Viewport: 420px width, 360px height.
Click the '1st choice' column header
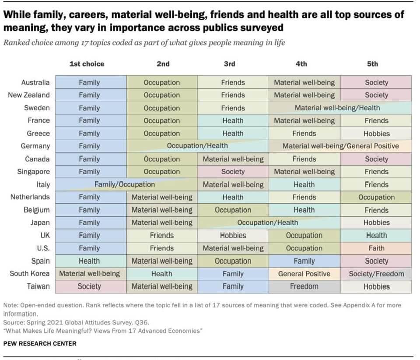coord(87,64)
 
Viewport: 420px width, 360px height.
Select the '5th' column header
coord(372,64)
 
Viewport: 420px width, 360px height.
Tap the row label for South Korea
coord(30,274)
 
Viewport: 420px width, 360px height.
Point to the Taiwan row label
coord(38,286)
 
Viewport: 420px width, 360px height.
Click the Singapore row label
coord(34,172)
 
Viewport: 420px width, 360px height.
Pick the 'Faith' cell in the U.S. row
coord(376,248)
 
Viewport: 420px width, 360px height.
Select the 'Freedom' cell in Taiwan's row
coord(304,287)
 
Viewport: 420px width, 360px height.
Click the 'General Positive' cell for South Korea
coord(304,274)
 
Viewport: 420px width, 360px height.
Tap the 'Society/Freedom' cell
coord(376,274)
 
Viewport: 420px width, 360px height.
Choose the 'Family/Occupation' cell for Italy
coord(125,184)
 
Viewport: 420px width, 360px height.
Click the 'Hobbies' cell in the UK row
coord(233,236)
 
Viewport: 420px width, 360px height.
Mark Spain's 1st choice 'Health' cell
coord(89,261)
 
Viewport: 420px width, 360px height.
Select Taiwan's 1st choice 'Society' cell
coord(89,287)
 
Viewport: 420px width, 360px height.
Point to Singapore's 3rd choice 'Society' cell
coord(233,172)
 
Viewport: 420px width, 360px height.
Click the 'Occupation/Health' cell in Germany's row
coord(197,146)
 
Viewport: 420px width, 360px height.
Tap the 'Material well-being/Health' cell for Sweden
coord(337,108)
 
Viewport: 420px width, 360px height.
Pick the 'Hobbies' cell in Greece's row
coord(376,134)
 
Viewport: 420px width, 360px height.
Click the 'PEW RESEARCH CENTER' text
coord(40,344)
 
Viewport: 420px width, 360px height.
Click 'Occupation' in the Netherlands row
coord(376,198)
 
